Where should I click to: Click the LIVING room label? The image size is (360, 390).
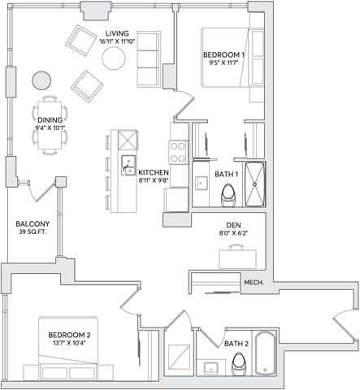click(x=117, y=33)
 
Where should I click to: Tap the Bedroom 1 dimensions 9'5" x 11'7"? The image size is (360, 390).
click(x=223, y=63)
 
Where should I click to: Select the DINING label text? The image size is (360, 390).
click(x=50, y=120)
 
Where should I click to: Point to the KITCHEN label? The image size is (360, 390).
click(x=154, y=172)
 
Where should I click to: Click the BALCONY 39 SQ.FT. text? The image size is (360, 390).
click(x=33, y=227)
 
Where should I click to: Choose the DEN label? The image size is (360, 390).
click(x=233, y=225)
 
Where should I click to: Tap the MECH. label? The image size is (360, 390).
click(x=254, y=283)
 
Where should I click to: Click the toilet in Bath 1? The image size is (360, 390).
click(x=228, y=195)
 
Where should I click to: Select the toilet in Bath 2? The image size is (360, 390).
click(x=239, y=364)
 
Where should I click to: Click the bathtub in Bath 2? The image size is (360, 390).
click(x=265, y=353)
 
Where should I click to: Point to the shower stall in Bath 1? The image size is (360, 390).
click(x=255, y=184)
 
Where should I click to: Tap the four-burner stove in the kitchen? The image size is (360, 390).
click(x=179, y=152)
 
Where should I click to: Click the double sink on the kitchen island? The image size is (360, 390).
click(x=128, y=165)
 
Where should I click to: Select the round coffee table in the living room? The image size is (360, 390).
click(x=114, y=58)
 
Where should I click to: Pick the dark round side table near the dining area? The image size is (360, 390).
click(x=41, y=80)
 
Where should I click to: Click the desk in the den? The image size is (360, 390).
click(x=237, y=259)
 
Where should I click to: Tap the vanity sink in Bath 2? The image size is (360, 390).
click(x=211, y=367)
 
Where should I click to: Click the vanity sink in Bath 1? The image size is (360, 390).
click(x=202, y=183)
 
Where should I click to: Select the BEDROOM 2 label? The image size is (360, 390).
click(x=69, y=335)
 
